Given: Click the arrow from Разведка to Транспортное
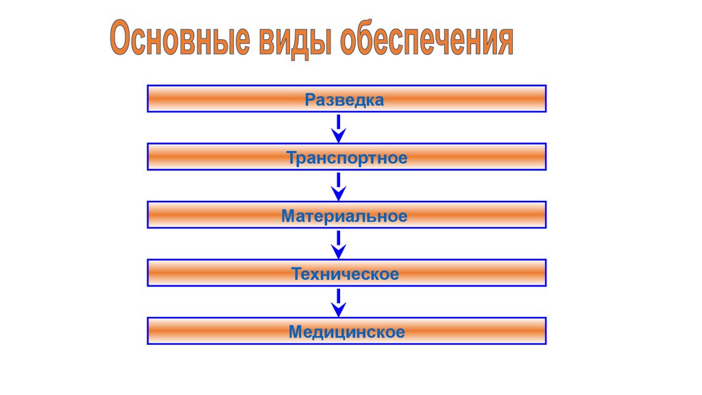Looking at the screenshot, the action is pyautogui.click(x=338, y=128).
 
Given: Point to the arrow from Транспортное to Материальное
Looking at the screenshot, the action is pyautogui.click(x=338, y=186).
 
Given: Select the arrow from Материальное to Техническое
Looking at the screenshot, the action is pyautogui.click(x=338, y=243).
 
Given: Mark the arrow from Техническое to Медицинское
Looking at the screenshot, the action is pyautogui.click(x=338, y=302).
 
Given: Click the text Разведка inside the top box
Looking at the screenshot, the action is pyautogui.click(x=345, y=100).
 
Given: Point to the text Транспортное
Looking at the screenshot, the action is pyautogui.click(x=347, y=158).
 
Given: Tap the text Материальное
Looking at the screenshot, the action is pyautogui.click(x=344, y=217).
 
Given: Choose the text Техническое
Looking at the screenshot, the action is pyautogui.click(x=345, y=274).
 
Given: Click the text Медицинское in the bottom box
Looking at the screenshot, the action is pyautogui.click(x=346, y=333).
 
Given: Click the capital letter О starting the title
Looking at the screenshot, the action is pyautogui.click(x=121, y=40).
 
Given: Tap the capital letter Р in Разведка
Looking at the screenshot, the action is pyautogui.click(x=310, y=100).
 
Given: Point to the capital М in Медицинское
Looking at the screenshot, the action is pyautogui.click(x=295, y=333).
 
